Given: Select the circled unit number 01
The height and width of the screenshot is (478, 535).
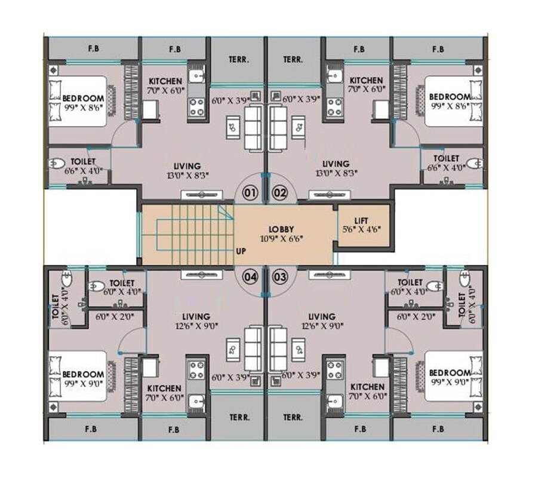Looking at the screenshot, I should (250, 192).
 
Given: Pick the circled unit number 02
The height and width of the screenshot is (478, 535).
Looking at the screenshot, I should (280, 192).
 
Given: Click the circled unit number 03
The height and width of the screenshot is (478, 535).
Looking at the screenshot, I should (280, 277).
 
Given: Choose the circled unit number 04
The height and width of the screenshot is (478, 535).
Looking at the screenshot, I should (250, 277).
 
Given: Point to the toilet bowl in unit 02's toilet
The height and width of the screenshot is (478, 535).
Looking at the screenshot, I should (475, 163).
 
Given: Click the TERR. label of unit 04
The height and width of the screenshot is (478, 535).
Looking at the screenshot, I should (239, 417).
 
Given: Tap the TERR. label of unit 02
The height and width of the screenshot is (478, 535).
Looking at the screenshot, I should (293, 60).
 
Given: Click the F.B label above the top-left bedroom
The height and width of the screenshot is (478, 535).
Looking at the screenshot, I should (93, 49).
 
